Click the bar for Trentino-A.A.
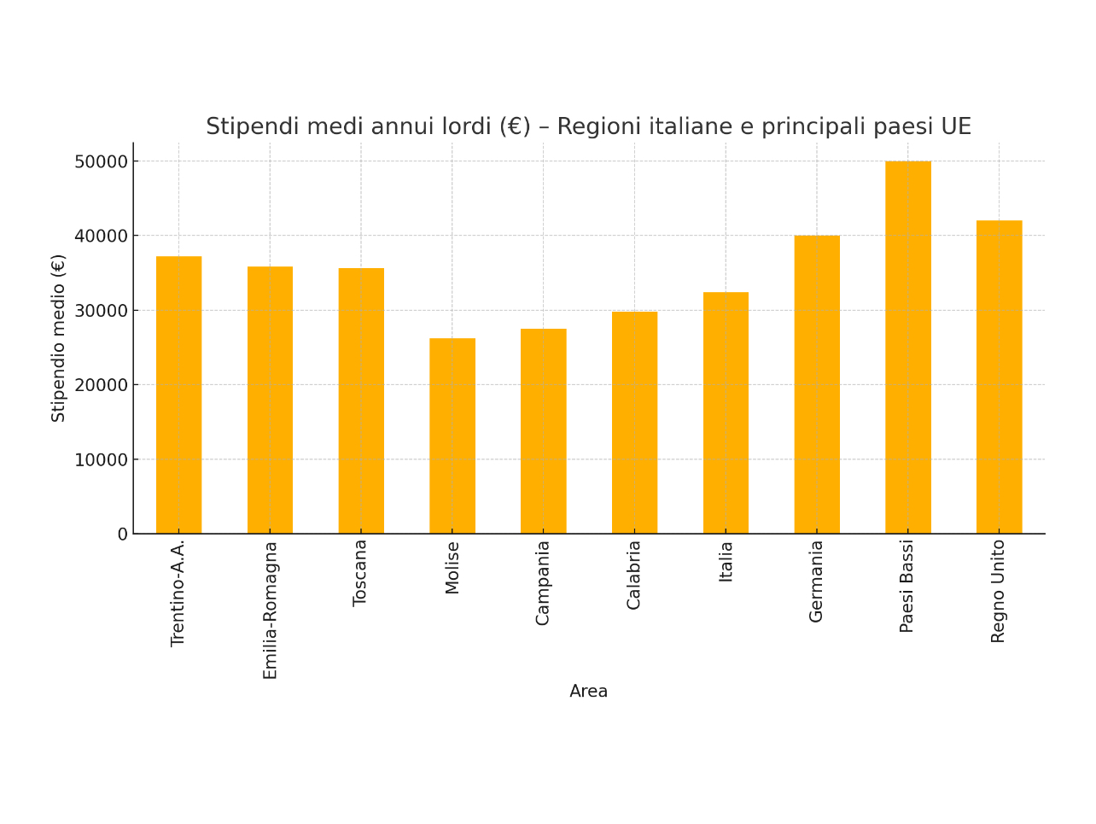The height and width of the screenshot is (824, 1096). tap(179, 394)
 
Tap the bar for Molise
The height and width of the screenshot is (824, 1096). tap(452, 435)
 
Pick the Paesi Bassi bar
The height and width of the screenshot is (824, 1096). tap(908, 348)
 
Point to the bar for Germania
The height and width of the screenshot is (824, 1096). tap(817, 384)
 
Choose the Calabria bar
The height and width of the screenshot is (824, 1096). tap(634, 423)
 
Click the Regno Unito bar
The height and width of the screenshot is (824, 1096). tap(999, 377)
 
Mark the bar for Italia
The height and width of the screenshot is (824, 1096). tap(726, 412)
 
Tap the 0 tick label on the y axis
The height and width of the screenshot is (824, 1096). tap(123, 535)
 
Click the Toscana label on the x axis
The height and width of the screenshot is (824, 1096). tap(360, 573)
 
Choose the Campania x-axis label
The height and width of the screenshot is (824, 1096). tap(543, 583)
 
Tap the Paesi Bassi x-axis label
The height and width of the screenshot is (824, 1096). tap(907, 586)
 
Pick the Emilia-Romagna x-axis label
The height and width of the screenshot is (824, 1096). tap(271, 611)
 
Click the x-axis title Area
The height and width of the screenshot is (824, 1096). tap(588, 692)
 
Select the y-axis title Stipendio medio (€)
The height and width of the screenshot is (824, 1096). tap(58, 338)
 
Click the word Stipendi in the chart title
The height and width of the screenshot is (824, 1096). tap(253, 127)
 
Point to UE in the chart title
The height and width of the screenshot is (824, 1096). tap(956, 127)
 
